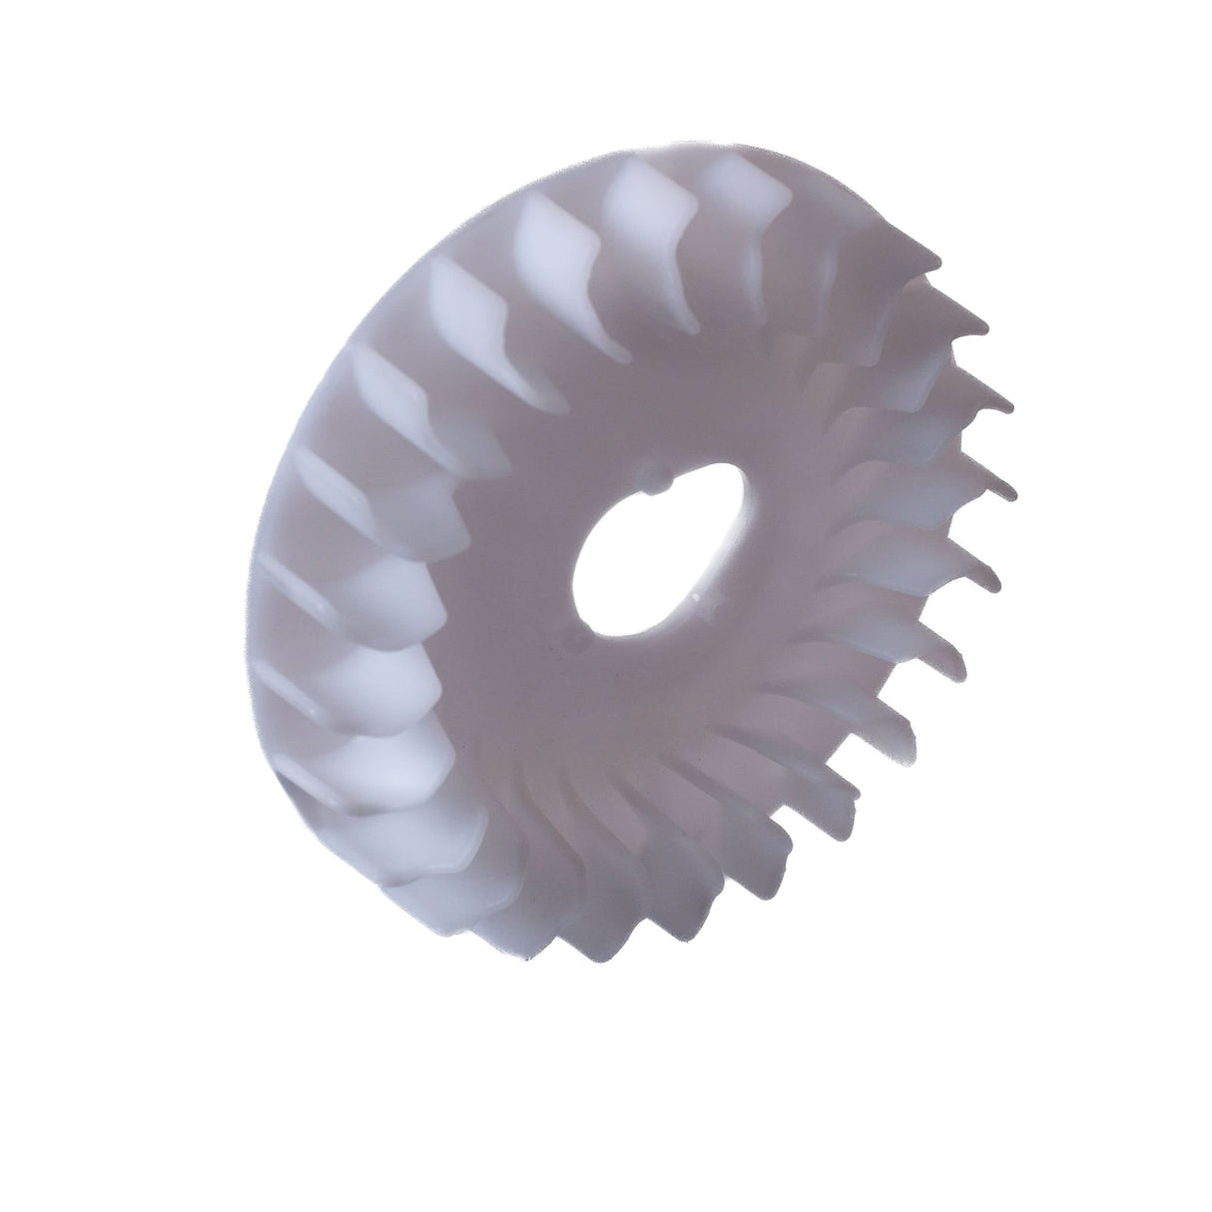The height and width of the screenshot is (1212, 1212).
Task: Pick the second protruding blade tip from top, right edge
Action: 983,328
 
